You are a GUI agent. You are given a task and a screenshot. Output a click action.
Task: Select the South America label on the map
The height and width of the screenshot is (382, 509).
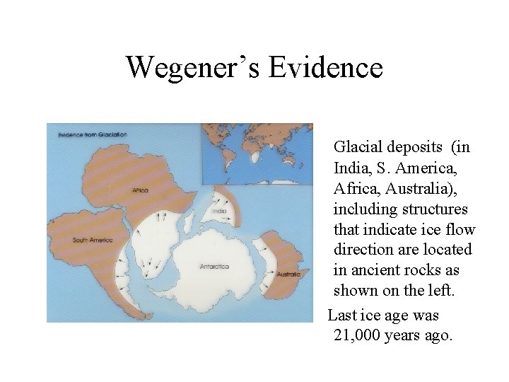(x=93, y=241)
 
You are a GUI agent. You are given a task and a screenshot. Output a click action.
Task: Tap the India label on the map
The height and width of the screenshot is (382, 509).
(x=219, y=211)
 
